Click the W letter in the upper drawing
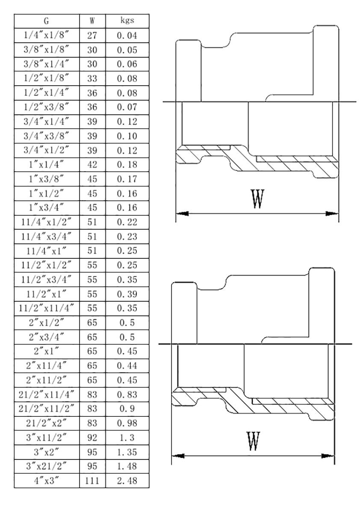257,199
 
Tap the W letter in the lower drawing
253,442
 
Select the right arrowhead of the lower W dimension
329,456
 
